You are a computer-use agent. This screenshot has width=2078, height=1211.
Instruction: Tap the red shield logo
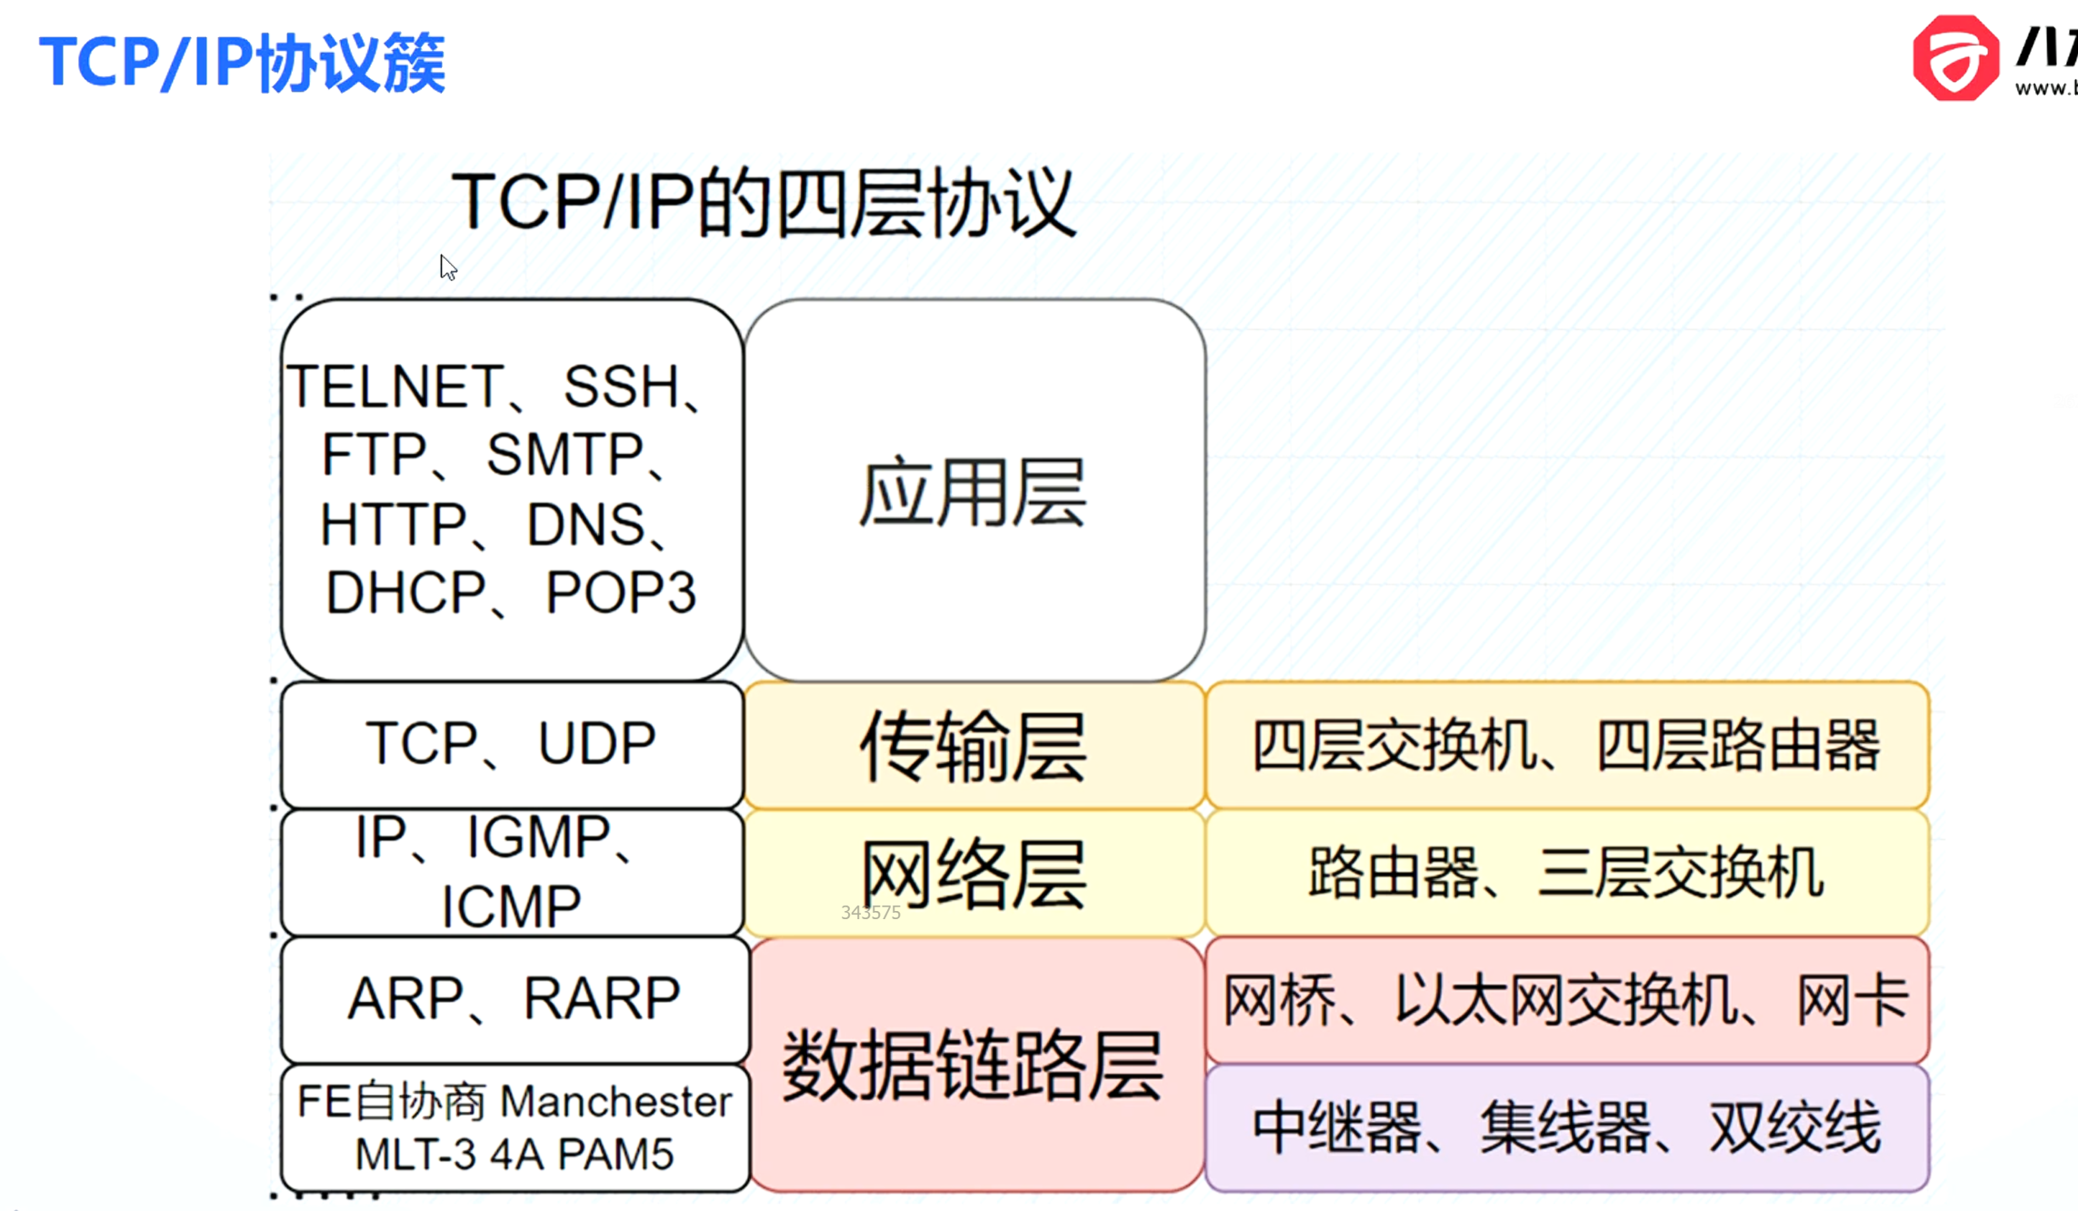click(x=1955, y=58)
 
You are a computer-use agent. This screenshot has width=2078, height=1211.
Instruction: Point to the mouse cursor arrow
click(x=447, y=267)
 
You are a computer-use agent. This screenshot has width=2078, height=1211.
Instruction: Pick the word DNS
click(x=586, y=525)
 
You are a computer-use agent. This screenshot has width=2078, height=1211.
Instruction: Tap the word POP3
click(x=621, y=593)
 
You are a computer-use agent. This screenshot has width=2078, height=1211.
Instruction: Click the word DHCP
click(x=405, y=593)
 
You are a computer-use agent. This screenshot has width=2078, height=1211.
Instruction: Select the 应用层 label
click(x=974, y=493)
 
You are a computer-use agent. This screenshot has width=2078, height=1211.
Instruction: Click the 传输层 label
click(x=974, y=746)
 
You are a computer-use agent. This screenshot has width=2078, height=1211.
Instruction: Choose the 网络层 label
click(x=974, y=874)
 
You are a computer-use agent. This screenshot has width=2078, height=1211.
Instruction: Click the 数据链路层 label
click(x=974, y=1065)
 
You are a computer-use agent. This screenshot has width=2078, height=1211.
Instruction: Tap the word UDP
click(x=596, y=743)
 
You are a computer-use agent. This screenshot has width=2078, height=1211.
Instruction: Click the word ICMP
click(x=511, y=906)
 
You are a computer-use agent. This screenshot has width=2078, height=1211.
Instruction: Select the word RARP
click(x=602, y=998)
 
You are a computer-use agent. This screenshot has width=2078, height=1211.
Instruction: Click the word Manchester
click(x=615, y=1102)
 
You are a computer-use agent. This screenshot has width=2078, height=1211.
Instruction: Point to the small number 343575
click(x=871, y=913)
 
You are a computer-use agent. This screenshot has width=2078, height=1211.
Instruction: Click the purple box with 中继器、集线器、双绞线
click(x=1566, y=1128)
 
